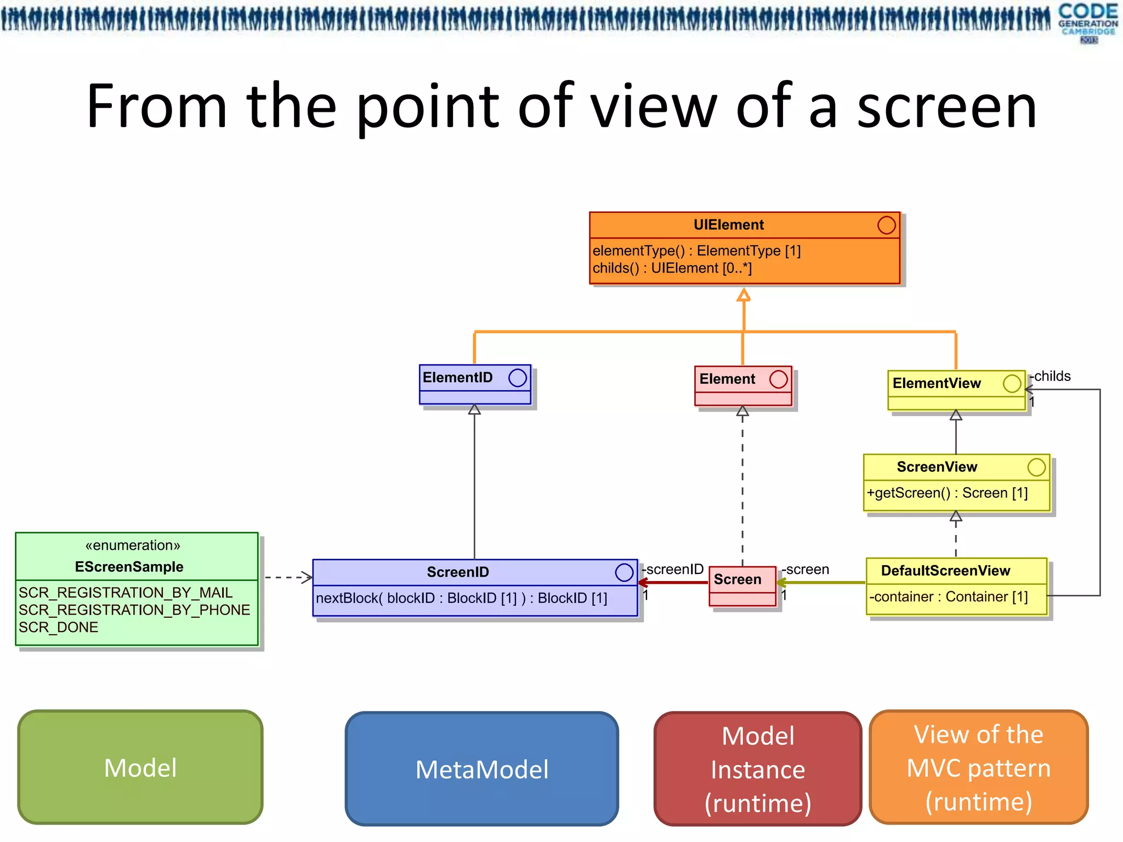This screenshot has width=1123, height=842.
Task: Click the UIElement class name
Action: pyautogui.click(x=728, y=225)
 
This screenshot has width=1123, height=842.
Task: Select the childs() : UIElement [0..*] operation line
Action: pyautogui.click(x=672, y=268)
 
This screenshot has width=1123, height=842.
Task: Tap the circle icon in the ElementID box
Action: pyautogui.click(x=517, y=378)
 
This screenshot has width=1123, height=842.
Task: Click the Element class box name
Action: pyautogui.click(x=727, y=379)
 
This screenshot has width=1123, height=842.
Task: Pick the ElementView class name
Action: pyautogui.click(x=937, y=383)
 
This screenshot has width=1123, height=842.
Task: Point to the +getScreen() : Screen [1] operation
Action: pyautogui.click(x=947, y=493)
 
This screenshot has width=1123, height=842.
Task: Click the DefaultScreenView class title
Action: pyautogui.click(x=945, y=571)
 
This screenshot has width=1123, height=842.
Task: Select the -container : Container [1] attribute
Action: pyautogui.click(x=948, y=596)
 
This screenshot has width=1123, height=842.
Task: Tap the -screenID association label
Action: pyautogui.click(x=673, y=569)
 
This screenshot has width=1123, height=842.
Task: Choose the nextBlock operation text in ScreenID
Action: pyautogui.click(x=461, y=598)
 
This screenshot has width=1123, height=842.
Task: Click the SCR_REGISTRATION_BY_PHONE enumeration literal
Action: pyautogui.click(x=134, y=610)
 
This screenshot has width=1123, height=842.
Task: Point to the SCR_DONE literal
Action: pyautogui.click(x=59, y=627)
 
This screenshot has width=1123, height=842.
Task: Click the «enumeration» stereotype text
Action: pyautogui.click(x=133, y=545)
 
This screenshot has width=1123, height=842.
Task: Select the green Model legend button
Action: pyautogui.click(x=140, y=767)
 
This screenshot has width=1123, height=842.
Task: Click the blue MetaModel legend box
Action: pyautogui.click(x=481, y=769)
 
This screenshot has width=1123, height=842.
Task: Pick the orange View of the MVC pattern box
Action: pyautogui.click(x=978, y=767)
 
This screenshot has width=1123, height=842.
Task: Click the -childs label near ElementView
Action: pyautogui.click(x=1051, y=376)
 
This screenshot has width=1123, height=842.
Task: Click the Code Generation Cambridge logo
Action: pyautogui.click(x=1088, y=22)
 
